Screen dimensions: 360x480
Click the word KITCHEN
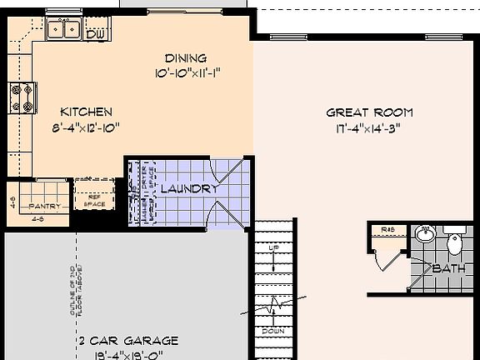(x=87, y=112)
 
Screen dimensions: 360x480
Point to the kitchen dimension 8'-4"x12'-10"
(x=87, y=127)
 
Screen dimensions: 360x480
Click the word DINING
(x=185, y=58)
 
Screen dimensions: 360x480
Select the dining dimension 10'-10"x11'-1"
(x=186, y=73)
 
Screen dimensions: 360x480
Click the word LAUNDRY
(x=188, y=189)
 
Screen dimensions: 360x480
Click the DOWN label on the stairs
(x=274, y=330)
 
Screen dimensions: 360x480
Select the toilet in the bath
(x=454, y=242)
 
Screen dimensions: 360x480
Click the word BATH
(x=447, y=269)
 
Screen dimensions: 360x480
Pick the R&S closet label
(x=387, y=229)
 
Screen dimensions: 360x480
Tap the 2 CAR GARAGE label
(x=128, y=341)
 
